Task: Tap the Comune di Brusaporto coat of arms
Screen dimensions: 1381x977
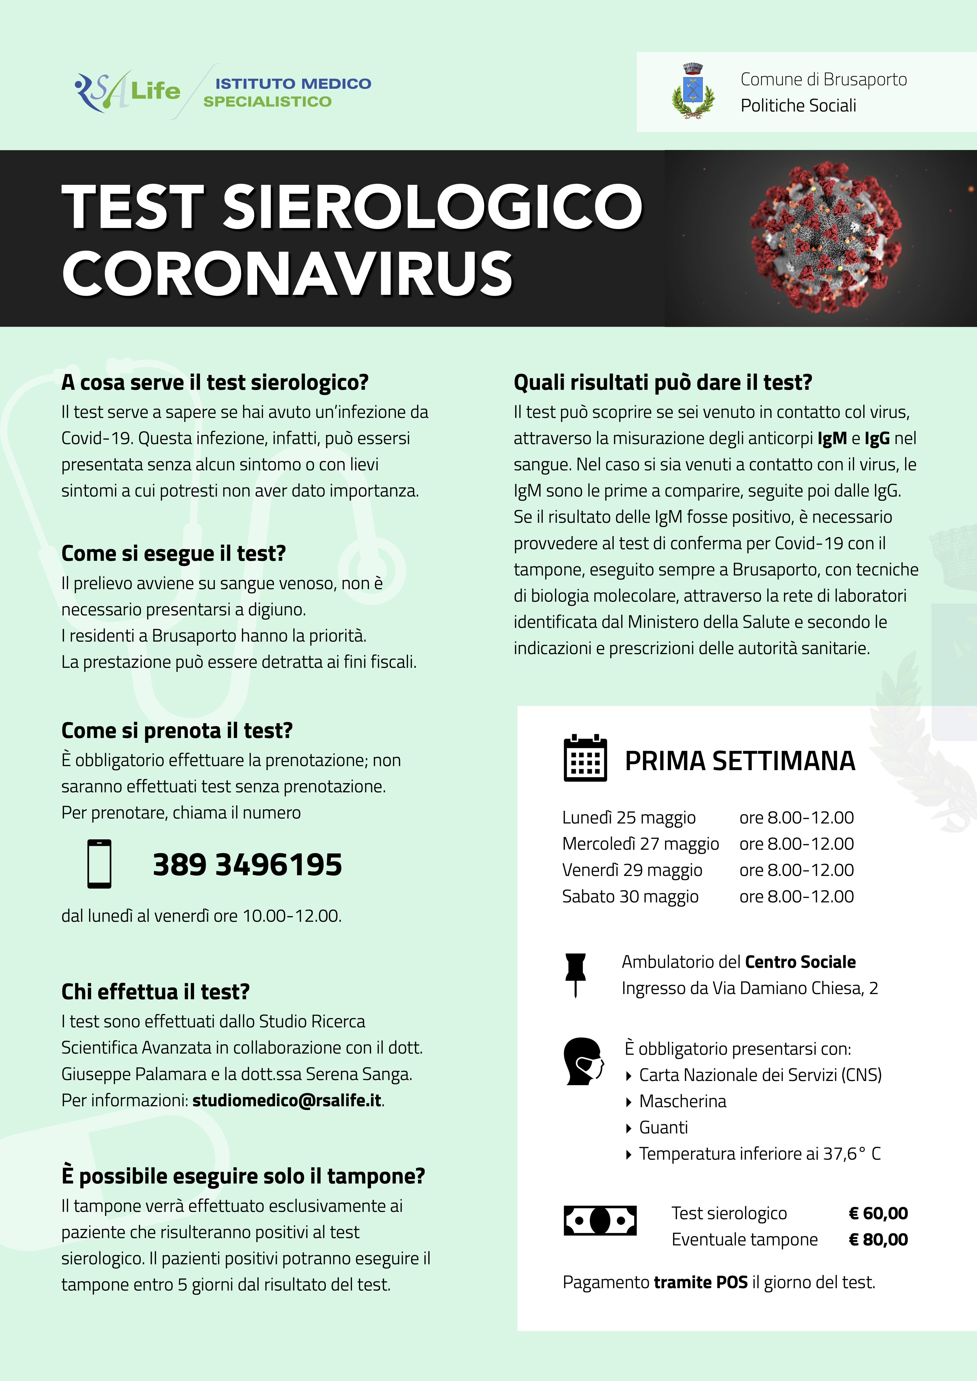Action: click(x=693, y=91)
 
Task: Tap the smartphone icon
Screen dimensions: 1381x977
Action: click(x=99, y=864)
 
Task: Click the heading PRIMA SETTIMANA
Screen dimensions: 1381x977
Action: click(x=740, y=761)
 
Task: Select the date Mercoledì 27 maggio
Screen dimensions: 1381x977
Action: click(x=640, y=844)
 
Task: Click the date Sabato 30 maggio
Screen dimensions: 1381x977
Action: click(x=630, y=896)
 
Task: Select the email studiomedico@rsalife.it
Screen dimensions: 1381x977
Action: click(x=287, y=1100)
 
